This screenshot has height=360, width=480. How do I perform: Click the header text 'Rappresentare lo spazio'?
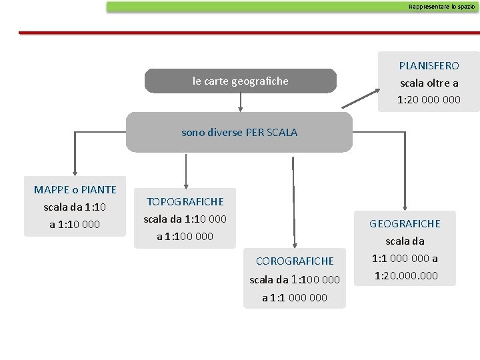coord(442,7)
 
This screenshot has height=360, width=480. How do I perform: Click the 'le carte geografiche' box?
coord(240,81)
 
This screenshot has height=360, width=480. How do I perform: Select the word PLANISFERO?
coord(429,65)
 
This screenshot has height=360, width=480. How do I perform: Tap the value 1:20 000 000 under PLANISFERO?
coord(429,100)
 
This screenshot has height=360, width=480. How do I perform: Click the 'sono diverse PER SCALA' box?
coord(239,132)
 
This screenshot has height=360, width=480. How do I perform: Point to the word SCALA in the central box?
coord(282,132)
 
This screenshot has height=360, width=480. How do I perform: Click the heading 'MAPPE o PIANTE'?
coord(75,189)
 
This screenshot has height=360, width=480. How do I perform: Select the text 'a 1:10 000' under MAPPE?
coord(75,224)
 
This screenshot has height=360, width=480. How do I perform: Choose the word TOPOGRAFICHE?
coord(185,201)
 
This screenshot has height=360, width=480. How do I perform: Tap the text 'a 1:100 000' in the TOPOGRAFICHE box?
coord(185,236)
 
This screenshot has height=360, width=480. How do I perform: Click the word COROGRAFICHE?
coord(295,261)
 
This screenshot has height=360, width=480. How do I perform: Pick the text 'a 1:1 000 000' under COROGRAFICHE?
coord(295,297)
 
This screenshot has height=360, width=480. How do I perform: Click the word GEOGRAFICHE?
coord(405,223)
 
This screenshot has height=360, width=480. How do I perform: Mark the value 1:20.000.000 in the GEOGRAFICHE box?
coord(406,275)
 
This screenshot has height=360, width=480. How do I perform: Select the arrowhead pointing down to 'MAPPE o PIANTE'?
coord(75,172)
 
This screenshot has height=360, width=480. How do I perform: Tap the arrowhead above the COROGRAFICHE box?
coord(293,244)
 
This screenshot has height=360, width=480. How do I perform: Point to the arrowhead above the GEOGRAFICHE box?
coord(404,208)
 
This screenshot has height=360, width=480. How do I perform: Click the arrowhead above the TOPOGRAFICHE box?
coord(185,185)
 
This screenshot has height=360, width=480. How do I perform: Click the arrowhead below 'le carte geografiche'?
coord(240,107)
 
